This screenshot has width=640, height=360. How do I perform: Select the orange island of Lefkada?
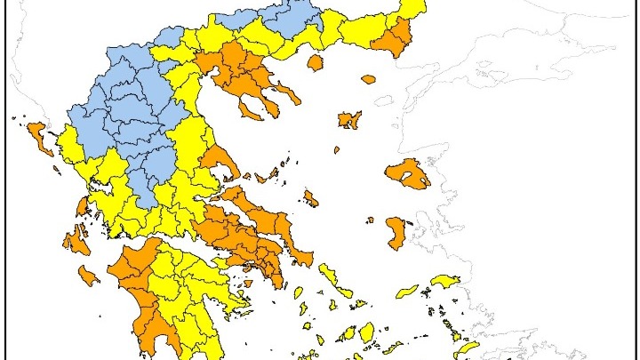pos(83,207)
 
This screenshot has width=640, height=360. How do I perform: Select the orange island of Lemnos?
pos(348,119)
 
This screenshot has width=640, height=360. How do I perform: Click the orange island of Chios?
pos(394,232)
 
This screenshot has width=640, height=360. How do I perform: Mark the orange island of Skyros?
pos(310,197)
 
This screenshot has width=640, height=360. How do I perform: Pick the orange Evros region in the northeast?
pos(396,36)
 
